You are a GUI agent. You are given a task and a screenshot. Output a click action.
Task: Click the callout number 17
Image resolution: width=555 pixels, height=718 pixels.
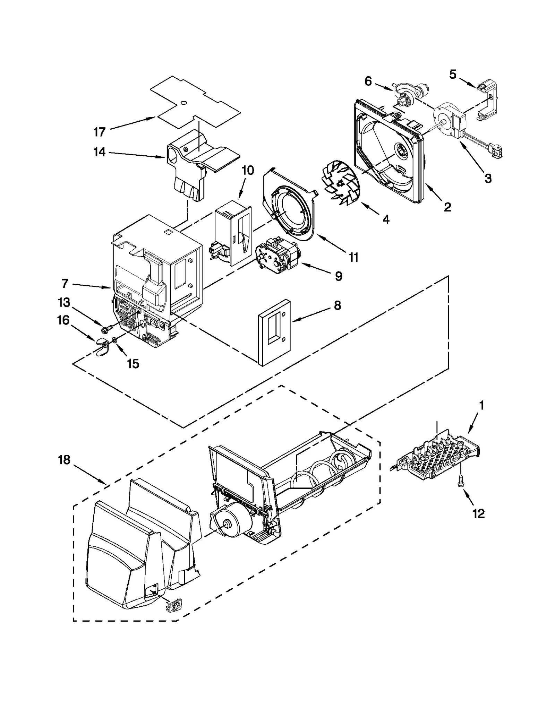click(x=99, y=132)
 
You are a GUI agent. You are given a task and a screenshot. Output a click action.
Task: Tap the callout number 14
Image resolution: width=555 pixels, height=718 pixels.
click(x=100, y=152)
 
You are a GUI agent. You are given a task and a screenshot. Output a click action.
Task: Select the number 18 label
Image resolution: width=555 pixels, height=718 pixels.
click(x=64, y=460)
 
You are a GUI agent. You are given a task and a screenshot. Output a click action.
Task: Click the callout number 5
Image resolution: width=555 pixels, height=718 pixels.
click(x=453, y=74)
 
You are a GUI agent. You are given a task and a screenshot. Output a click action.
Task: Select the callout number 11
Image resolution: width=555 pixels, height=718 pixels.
click(x=353, y=257)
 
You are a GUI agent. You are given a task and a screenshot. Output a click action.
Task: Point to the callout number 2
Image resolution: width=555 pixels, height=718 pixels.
click(x=447, y=207)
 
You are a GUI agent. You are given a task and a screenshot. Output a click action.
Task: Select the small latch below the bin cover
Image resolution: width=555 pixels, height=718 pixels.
click(x=172, y=607)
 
